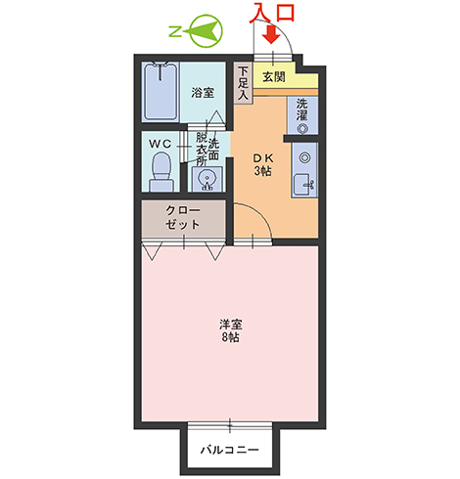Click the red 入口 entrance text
(x=273, y=13)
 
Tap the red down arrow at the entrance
(x=271, y=34)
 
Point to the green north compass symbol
(x=206, y=31)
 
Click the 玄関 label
(x=274, y=77)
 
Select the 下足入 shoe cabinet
(x=243, y=83)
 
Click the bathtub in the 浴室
(x=161, y=92)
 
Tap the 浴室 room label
(x=203, y=93)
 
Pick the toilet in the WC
(x=161, y=172)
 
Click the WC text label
(x=160, y=144)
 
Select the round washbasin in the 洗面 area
(x=207, y=180)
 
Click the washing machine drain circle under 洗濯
(x=302, y=129)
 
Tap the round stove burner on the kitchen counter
(x=304, y=157)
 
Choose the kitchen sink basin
(x=300, y=185)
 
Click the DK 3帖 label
(x=263, y=164)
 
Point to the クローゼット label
(x=183, y=218)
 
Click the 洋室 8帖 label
(x=230, y=331)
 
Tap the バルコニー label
(x=230, y=450)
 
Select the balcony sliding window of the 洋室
(x=230, y=425)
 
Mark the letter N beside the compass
(x=175, y=32)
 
